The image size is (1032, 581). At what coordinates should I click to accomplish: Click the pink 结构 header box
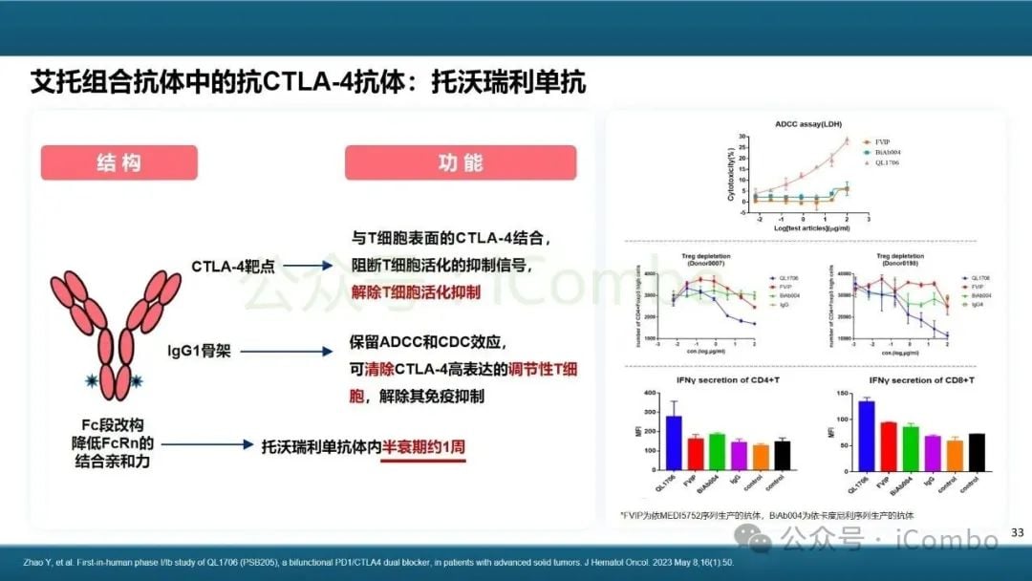pyautogui.click(x=118, y=162)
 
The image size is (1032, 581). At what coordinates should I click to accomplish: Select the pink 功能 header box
pyautogui.click(x=461, y=162)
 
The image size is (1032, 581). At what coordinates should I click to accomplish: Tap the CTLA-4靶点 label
pyautogui.click(x=232, y=266)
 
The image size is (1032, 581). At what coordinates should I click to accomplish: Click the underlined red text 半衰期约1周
pyautogui.click(x=423, y=446)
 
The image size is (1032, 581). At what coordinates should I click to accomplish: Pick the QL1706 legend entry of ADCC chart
pyautogui.click(x=888, y=162)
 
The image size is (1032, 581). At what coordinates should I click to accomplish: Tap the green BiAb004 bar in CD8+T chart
pyautogui.click(x=911, y=446)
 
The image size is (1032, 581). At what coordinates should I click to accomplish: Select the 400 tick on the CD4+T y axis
pyautogui.click(x=650, y=394)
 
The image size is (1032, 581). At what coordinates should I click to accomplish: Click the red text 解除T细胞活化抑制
pyautogui.click(x=416, y=290)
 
